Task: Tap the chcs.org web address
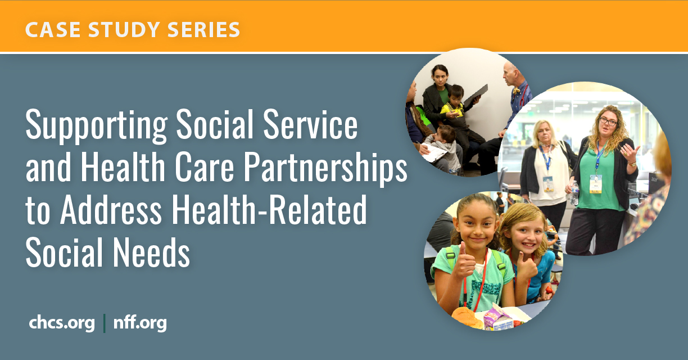62,323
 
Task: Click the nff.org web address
140,323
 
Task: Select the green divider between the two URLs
105,323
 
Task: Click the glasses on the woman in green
608,121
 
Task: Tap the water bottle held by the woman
574,192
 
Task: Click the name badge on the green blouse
596,183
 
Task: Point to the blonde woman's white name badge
547,183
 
